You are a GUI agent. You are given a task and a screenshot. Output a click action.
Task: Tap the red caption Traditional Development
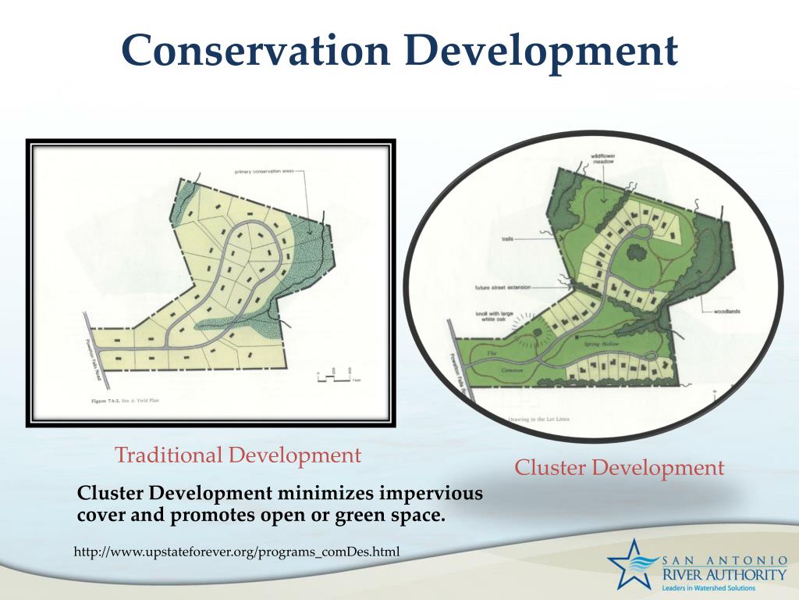238,455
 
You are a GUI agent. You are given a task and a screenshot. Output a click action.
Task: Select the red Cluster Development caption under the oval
619,468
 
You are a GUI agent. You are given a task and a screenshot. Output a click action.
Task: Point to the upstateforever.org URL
236,552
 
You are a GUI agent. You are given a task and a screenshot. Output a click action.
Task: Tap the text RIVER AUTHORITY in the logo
723,574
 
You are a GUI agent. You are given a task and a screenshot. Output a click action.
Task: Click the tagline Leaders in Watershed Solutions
723,587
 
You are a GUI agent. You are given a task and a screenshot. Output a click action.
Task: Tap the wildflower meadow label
605,159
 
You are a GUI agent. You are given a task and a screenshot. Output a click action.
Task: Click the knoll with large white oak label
495,320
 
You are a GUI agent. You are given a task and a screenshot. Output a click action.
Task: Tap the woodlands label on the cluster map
726,312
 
